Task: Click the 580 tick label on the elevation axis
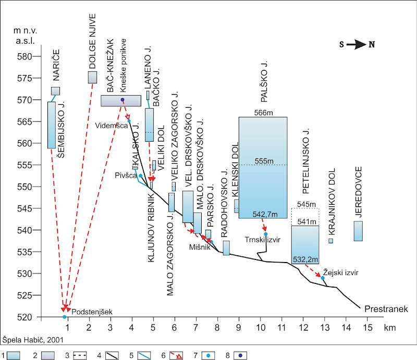pos(24,56)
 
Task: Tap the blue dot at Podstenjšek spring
pos(65,317)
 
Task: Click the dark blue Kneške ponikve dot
pos(122,100)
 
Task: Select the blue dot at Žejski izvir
pos(323,278)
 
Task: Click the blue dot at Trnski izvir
pos(266,234)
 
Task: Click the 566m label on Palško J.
pos(263,113)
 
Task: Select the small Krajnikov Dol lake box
pos(330,241)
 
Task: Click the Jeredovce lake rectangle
pos(358,231)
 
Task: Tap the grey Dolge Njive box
pos(92,77)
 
